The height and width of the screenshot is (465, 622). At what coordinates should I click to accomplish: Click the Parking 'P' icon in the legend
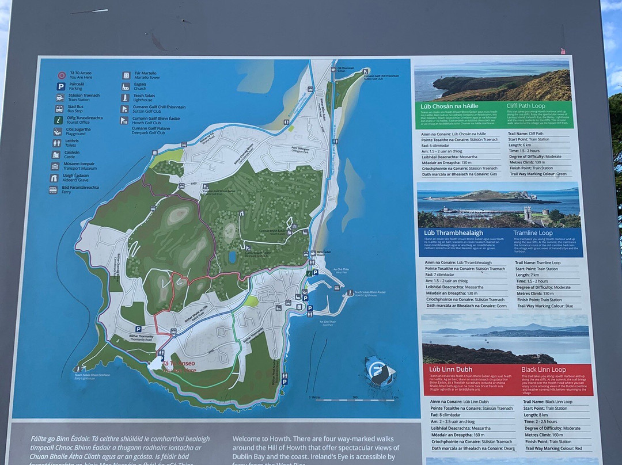(x=60, y=86)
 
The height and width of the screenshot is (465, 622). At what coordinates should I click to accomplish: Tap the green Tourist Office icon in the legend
(x=59, y=120)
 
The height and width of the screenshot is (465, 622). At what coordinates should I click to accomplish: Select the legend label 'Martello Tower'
(x=147, y=77)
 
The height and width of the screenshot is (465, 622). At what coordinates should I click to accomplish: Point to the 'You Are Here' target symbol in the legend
(x=61, y=75)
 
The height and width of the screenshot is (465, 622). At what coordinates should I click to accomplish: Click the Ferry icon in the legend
(x=53, y=189)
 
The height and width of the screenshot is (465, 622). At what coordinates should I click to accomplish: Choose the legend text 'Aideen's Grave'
(x=75, y=180)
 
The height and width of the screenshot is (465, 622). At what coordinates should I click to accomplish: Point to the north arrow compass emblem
(x=379, y=371)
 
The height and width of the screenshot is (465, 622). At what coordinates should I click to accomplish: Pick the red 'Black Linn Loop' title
(x=543, y=369)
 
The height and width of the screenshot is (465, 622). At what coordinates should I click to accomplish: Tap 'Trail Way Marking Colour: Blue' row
(x=545, y=306)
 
